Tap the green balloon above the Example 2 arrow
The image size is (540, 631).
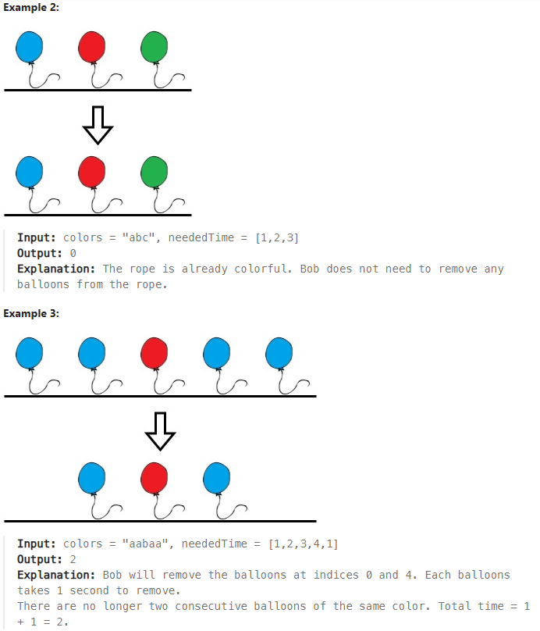pyautogui.click(x=155, y=47)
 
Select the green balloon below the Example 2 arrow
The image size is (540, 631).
pyautogui.click(x=155, y=171)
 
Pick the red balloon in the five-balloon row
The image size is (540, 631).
pyautogui.click(x=155, y=352)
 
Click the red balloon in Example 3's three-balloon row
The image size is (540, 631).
pyautogui.click(x=155, y=477)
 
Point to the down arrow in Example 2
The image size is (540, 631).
pyautogui.click(x=98, y=124)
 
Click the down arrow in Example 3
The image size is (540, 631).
pyautogui.click(x=160, y=430)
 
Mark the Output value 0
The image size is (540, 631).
pyautogui.click(x=73, y=253)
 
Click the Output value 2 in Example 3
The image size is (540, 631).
pyautogui.click(x=73, y=559)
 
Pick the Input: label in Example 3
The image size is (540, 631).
pyautogui.click(x=37, y=544)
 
